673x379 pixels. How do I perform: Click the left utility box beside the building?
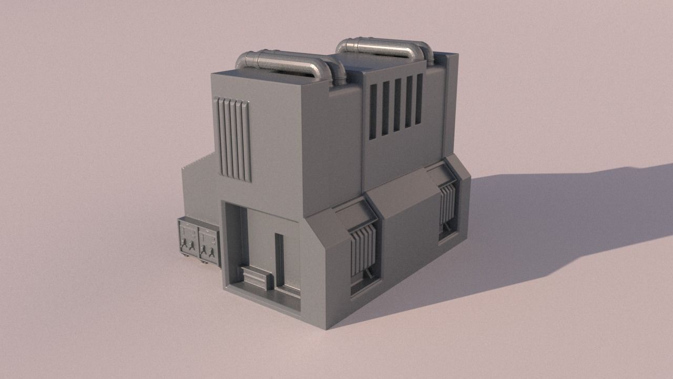click(x=188, y=238)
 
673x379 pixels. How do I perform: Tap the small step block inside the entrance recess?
click(x=257, y=277)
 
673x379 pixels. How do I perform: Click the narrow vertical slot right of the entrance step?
click(x=279, y=260)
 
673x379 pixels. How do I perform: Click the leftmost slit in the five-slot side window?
click(x=373, y=112)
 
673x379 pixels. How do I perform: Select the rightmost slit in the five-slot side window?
click(x=419, y=98)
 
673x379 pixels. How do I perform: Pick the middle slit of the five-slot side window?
click(x=397, y=105)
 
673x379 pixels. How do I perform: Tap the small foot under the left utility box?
click(x=188, y=256)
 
